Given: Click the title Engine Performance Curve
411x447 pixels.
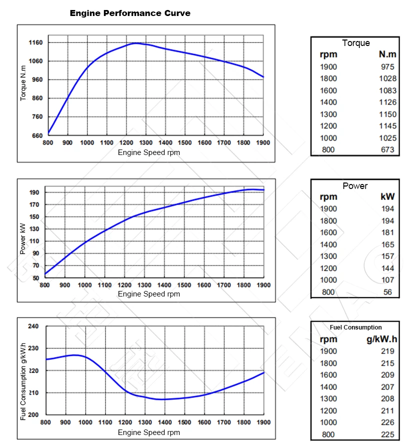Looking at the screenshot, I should coord(130,13).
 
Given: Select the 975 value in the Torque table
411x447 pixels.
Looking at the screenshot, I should coord(387,66).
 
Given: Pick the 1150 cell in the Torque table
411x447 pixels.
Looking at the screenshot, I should coord(387,114).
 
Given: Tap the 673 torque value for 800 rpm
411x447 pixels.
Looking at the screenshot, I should coord(387,149).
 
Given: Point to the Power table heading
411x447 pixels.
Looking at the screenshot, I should coord(355,186).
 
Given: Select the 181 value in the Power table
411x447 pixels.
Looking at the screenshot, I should coord(387,232).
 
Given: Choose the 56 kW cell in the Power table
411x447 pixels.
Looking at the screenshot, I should coord(388,292).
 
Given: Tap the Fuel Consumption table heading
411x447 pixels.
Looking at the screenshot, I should coord(355,327).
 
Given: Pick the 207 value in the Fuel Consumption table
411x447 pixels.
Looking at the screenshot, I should coord(387,387).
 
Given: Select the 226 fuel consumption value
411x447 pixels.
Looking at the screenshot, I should coord(387,422).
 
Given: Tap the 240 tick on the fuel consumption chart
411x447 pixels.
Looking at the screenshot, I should coord(33,326).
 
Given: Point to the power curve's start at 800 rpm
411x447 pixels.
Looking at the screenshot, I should coord(45,273).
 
